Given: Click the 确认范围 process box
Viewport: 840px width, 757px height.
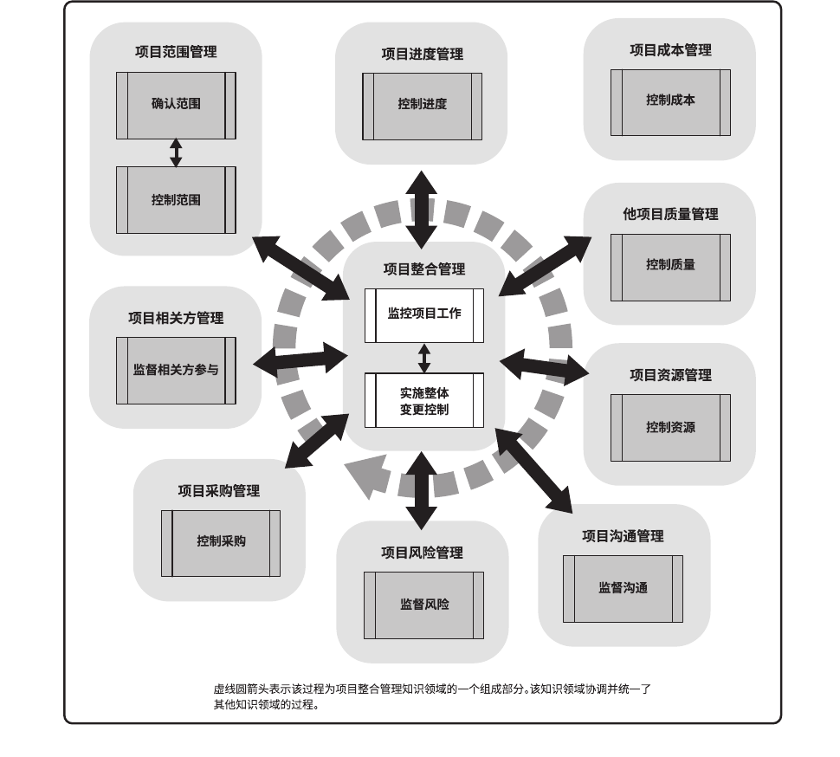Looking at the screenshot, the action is click(176, 105).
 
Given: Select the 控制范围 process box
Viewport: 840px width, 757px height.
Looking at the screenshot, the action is click(176, 200).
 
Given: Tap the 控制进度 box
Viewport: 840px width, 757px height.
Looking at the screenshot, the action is click(422, 106).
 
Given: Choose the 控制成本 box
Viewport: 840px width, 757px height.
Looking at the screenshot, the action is click(670, 101).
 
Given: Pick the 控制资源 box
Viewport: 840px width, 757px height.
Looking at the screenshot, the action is click(670, 428).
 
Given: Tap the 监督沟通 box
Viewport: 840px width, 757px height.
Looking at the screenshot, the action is click(623, 588).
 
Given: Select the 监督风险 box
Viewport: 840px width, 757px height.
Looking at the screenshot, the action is click(423, 605).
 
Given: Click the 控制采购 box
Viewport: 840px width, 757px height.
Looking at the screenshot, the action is click(221, 543).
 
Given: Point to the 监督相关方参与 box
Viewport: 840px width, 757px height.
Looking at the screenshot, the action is click(176, 371).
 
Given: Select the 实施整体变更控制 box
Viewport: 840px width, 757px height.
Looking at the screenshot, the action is click(423, 400).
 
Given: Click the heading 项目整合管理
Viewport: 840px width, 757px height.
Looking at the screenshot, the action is click(423, 269).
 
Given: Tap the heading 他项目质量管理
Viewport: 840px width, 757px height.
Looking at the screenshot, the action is click(670, 214).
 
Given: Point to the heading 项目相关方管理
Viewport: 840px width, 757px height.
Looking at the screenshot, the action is click(176, 318).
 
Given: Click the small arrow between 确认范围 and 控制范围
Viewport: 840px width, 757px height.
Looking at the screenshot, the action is click(176, 152).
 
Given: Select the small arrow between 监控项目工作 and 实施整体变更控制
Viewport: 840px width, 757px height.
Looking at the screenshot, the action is click(423, 358).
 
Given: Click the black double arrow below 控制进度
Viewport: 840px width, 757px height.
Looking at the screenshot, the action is click(422, 210).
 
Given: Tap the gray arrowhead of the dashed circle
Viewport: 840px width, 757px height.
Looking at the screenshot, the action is click(363, 479).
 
